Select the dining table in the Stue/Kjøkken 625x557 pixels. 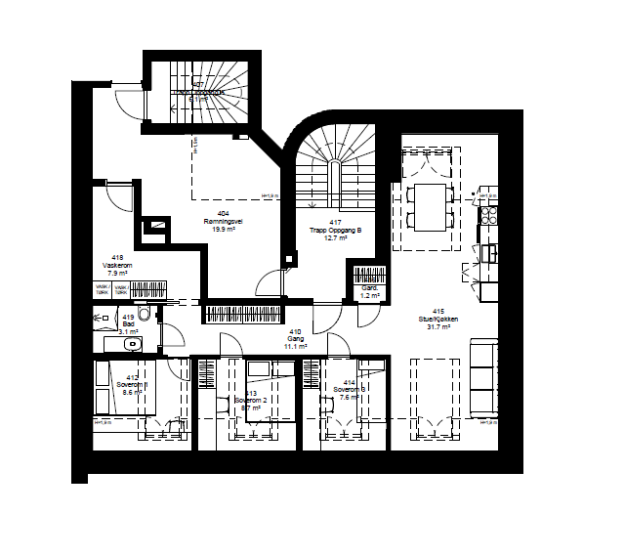426,206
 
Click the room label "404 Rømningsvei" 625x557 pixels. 224,219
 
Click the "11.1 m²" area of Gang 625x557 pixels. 295,347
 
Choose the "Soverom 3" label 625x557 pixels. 349,390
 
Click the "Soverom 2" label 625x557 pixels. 251,401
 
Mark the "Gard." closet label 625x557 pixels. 370,290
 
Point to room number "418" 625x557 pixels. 118,257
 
